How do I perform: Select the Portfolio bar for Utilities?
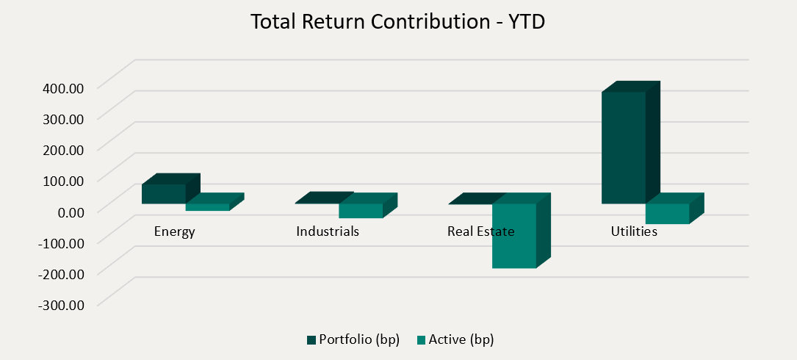tap(623, 147)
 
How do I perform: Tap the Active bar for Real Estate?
tap(513, 235)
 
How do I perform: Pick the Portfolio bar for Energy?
tap(164, 193)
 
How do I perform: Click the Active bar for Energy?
tap(207, 207)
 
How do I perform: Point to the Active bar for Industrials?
tap(361, 210)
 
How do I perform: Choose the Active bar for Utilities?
tap(667, 213)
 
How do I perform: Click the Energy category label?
tap(174, 231)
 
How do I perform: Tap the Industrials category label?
tap(328, 231)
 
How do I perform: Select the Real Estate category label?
tap(481, 231)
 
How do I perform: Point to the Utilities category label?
tap(634, 231)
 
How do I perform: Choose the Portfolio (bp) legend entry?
tap(353, 339)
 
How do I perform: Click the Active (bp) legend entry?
tap(455, 339)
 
